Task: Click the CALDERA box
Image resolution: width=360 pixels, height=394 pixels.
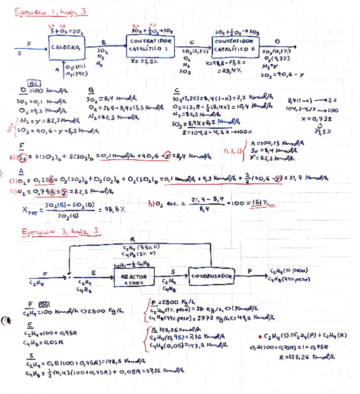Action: (x=65, y=47)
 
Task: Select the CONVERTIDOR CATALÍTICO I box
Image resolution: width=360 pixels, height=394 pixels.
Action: (x=146, y=45)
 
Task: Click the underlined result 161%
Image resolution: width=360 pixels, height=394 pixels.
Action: (x=263, y=203)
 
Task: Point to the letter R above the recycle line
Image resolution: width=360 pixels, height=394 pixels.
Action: (x=131, y=240)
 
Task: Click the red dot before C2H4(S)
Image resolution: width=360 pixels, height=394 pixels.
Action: (x=259, y=336)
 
